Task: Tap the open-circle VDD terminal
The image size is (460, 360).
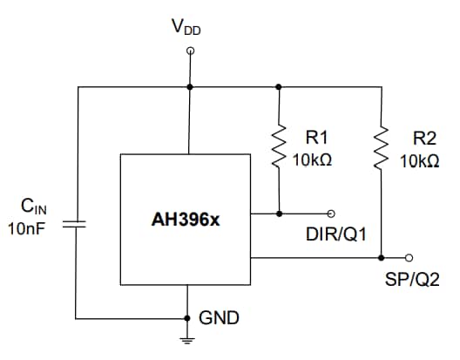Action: pyautogui.click(x=190, y=51)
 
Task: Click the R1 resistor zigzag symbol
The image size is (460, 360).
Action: pyautogui.click(x=279, y=144)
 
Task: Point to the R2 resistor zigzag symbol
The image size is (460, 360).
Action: pyautogui.click(x=382, y=144)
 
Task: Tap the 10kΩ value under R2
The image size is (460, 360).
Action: pyautogui.click(x=420, y=161)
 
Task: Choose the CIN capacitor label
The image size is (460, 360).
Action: pyautogui.click(x=34, y=207)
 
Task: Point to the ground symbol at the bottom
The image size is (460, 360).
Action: pyautogui.click(x=190, y=339)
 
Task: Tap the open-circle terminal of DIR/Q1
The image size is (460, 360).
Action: pyautogui.click(x=330, y=213)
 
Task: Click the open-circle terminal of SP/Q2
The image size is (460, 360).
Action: pyautogui.click(x=410, y=258)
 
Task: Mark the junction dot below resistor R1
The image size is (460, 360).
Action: pyautogui.click(x=279, y=213)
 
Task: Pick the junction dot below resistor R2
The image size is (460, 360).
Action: pyautogui.click(x=382, y=258)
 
